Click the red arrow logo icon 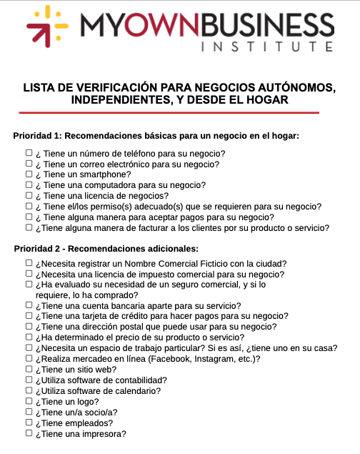coord(47,28)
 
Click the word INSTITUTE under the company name coord(268,48)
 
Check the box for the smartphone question coord(29,174)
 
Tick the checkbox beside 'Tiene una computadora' coord(29,184)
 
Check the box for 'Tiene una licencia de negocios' coord(29,195)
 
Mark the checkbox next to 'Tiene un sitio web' coord(29,370)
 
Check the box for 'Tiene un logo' coord(29,402)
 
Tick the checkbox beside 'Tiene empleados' coord(29,423)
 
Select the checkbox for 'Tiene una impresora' coord(29,433)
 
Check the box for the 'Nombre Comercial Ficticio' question coord(29,263)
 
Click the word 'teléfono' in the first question coord(132,153)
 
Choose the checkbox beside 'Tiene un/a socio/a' coord(29,412)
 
